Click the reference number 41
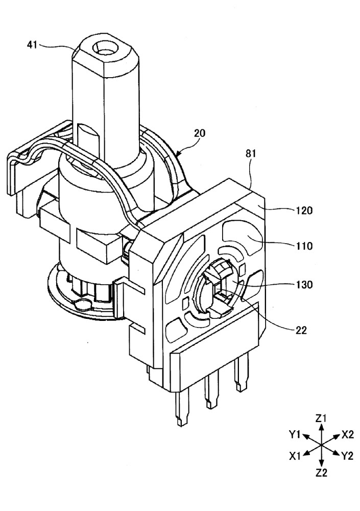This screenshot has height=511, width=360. click(32, 44)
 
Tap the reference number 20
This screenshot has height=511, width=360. click(200, 133)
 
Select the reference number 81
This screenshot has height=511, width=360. click(251, 153)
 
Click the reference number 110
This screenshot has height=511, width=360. click(304, 246)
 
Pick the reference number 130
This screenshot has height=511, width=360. click(304, 284)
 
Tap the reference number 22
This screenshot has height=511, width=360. click(301, 330)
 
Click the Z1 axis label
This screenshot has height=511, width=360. click(321, 418)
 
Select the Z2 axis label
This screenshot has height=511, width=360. click(321, 473)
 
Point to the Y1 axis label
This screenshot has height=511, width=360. click(295, 435)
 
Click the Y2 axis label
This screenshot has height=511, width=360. click(347, 456)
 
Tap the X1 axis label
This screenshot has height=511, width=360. click(295, 456)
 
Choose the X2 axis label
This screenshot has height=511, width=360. click(348, 434)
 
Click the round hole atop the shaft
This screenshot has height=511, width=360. click(104, 49)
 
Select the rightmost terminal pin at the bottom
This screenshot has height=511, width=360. click(241, 374)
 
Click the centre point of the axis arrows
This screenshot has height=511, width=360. click(321, 445)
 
